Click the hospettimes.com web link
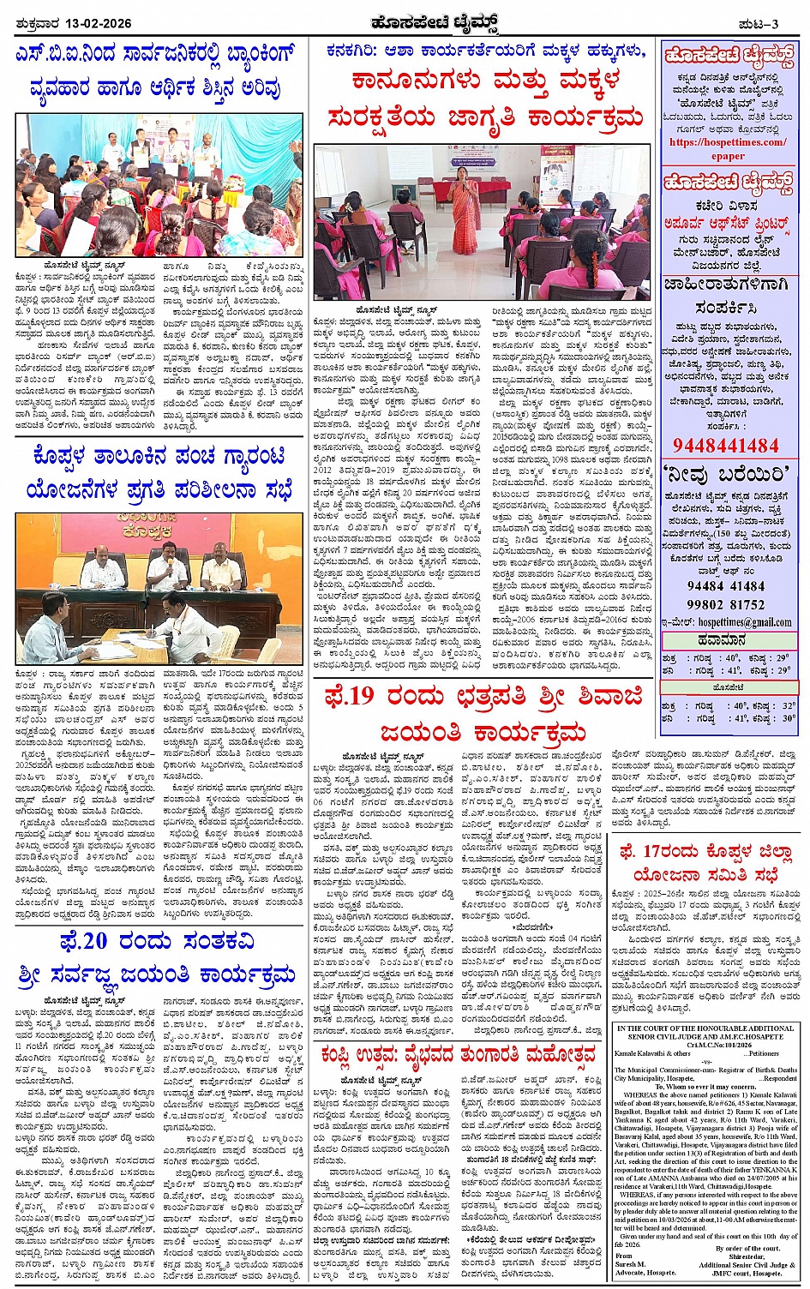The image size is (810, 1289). (x=728, y=143)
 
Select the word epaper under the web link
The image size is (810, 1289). (x=728, y=156)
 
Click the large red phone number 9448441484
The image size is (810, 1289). (x=726, y=445)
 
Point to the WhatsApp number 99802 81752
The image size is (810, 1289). (x=726, y=603)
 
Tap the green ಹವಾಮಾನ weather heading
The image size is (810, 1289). (x=728, y=639)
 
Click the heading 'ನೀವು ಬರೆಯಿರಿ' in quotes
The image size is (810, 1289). (x=726, y=472)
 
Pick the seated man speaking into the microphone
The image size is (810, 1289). (x=167, y=569)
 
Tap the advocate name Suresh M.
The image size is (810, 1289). (x=629, y=1264)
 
